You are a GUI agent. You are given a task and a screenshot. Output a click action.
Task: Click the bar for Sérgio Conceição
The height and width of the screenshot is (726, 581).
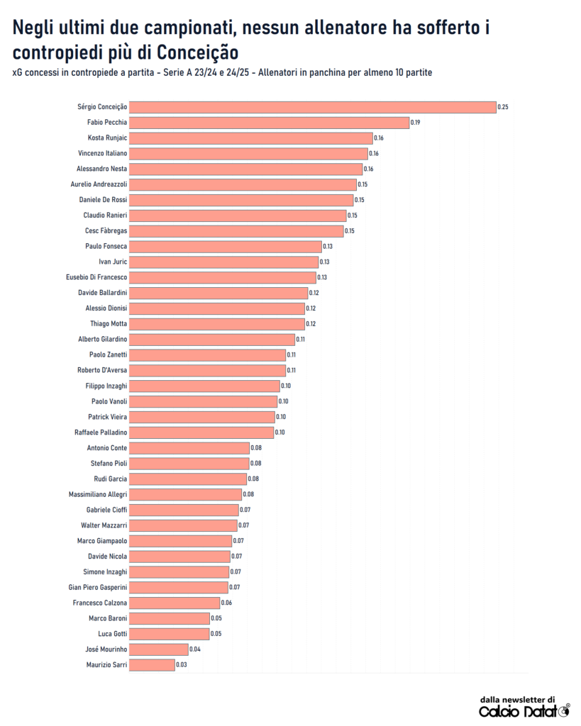click(312, 107)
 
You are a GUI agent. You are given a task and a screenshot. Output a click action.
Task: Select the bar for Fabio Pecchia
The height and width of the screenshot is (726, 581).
click(270, 123)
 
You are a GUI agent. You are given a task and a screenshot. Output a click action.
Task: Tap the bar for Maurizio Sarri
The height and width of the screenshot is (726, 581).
click(152, 665)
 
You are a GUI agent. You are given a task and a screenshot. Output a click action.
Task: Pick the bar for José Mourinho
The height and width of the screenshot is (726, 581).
click(159, 649)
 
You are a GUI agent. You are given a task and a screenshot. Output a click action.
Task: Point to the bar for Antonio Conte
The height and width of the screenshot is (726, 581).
click(189, 448)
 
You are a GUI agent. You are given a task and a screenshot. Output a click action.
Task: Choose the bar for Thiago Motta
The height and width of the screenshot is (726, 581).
click(217, 324)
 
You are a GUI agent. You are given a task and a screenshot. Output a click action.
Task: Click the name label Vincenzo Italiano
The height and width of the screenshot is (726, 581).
click(102, 153)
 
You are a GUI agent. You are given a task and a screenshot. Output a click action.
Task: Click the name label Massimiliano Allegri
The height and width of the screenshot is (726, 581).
click(98, 494)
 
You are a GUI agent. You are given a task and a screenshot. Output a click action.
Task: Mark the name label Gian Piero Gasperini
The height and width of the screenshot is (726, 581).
click(98, 587)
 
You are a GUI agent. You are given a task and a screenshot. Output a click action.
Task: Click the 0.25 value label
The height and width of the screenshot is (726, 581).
click(503, 107)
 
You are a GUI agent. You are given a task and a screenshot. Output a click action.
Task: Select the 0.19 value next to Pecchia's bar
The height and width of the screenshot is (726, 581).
click(416, 123)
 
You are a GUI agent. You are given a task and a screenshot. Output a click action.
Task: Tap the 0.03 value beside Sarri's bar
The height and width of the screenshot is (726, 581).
click(180, 665)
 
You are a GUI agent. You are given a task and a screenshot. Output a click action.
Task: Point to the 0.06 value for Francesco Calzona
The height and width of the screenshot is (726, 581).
click(226, 603)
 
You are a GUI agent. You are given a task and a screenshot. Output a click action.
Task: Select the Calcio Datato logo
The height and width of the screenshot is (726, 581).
click(524, 711)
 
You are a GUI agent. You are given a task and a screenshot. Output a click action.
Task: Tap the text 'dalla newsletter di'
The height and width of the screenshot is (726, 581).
click(517, 698)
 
